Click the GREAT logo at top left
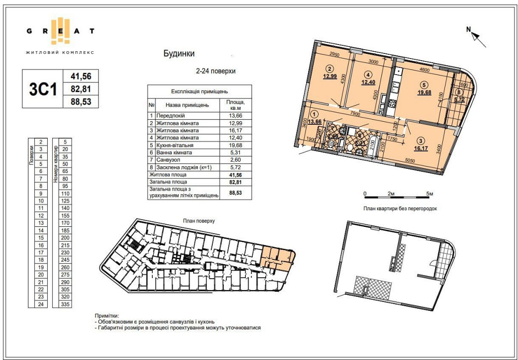60,31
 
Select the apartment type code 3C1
42,90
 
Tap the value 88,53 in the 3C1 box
80,102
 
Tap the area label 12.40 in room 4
368,82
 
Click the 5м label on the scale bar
429,193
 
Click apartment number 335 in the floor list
65,305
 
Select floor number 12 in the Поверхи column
40,214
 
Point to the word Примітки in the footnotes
106,315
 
